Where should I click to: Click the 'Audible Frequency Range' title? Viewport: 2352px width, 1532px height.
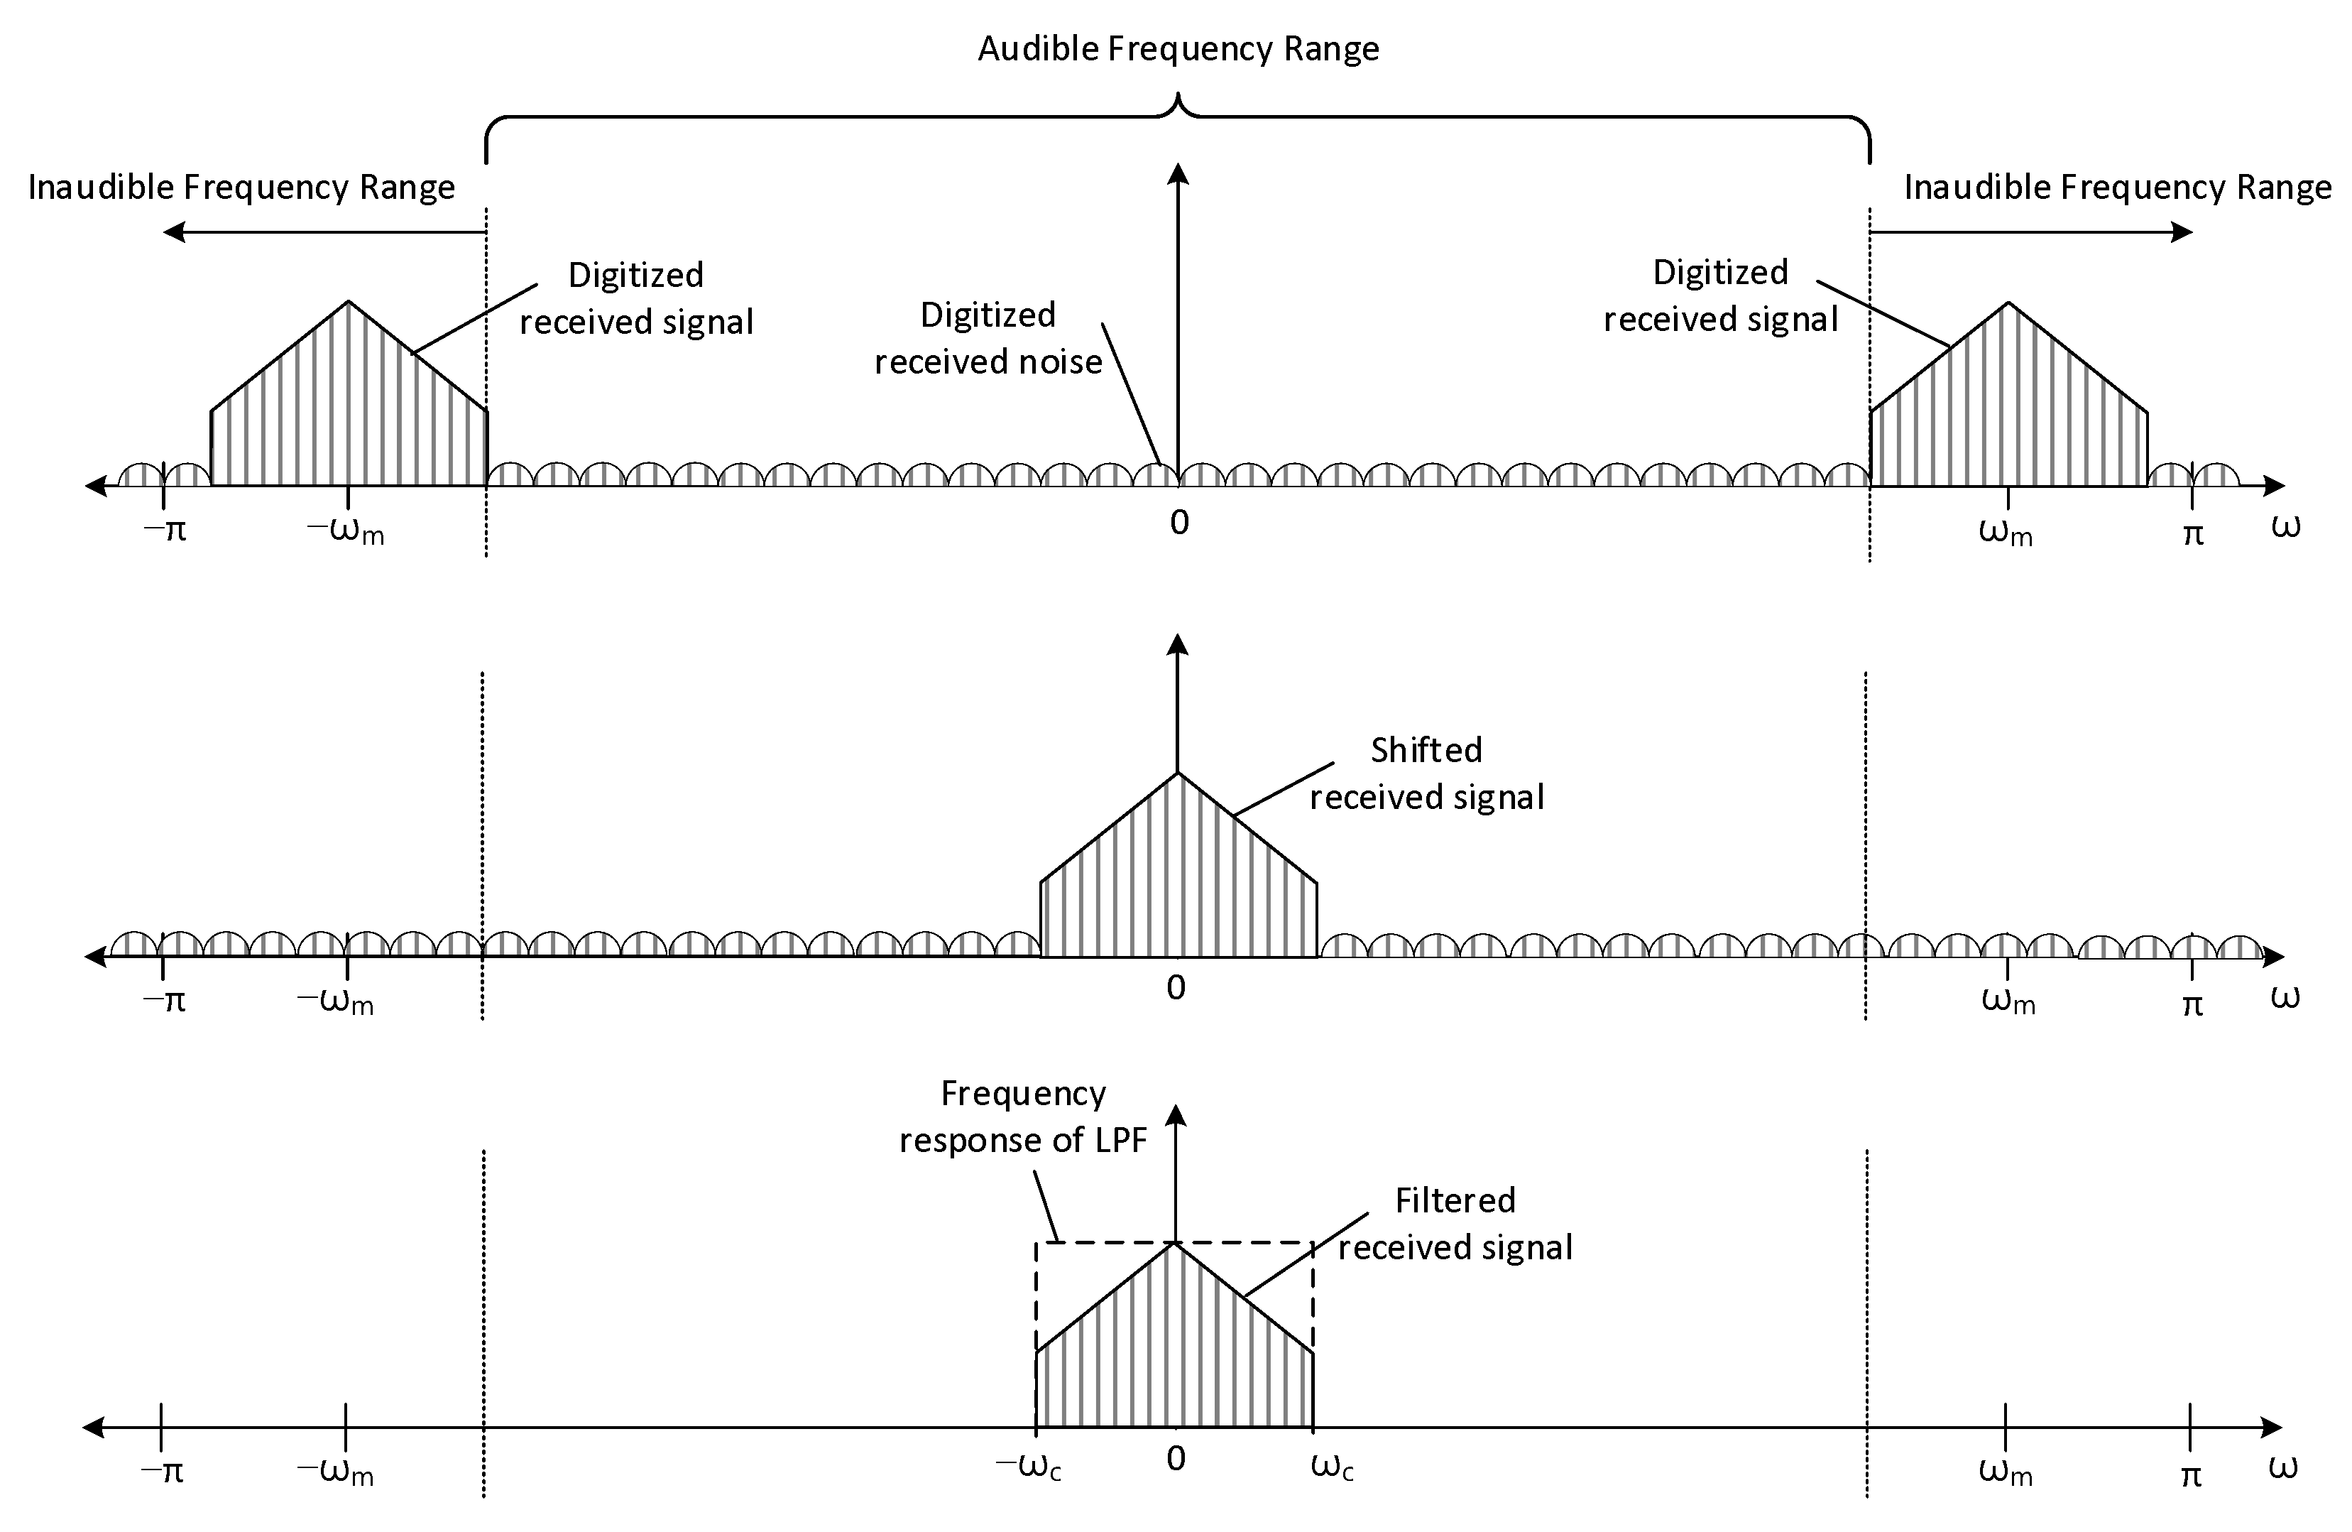[x=1178, y=48]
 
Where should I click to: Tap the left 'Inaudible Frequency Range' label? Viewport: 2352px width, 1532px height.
[x=241, y=187]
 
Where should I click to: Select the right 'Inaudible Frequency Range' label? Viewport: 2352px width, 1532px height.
[x=2117, y=187]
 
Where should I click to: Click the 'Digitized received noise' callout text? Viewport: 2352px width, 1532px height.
[x=988, y=338]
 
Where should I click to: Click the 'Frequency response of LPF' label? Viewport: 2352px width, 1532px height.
[x=1023, y=1117]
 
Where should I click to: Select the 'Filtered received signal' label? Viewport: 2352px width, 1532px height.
[x=1455, y=1224]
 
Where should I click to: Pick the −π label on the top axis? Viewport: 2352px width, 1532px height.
[x=165, y=531]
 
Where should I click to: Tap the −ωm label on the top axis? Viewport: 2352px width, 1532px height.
[x=346, y=532]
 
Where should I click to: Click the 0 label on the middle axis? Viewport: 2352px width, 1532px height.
[x=1176, y=987]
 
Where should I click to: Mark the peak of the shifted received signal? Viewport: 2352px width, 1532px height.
[x=1177, y=772]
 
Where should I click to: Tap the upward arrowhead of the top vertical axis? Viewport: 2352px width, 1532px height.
[x=1177, y=173]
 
